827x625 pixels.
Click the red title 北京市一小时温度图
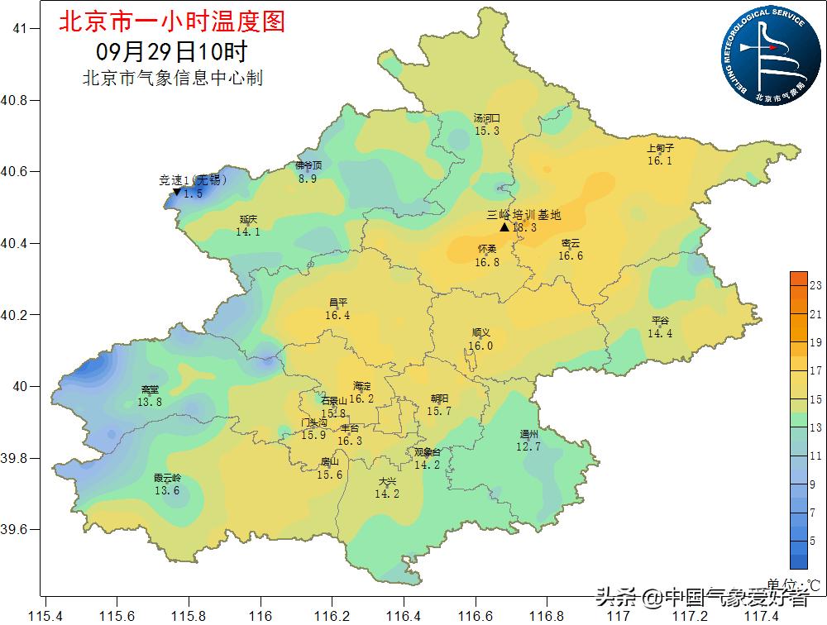171,21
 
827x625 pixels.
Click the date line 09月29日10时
171,51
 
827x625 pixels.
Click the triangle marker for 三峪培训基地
504,227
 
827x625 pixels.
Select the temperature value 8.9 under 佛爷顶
308,179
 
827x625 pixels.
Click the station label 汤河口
486,118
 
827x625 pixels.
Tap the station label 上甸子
660,149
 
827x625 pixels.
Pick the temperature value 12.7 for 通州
528,446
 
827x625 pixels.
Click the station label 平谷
660,321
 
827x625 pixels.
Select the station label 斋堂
150,389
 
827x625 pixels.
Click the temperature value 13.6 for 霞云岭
166,490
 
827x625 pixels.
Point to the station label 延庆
248,219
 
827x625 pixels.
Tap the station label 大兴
387,481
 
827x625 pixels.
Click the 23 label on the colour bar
815,285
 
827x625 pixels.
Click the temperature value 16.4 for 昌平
337,315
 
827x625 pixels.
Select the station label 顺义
480,333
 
